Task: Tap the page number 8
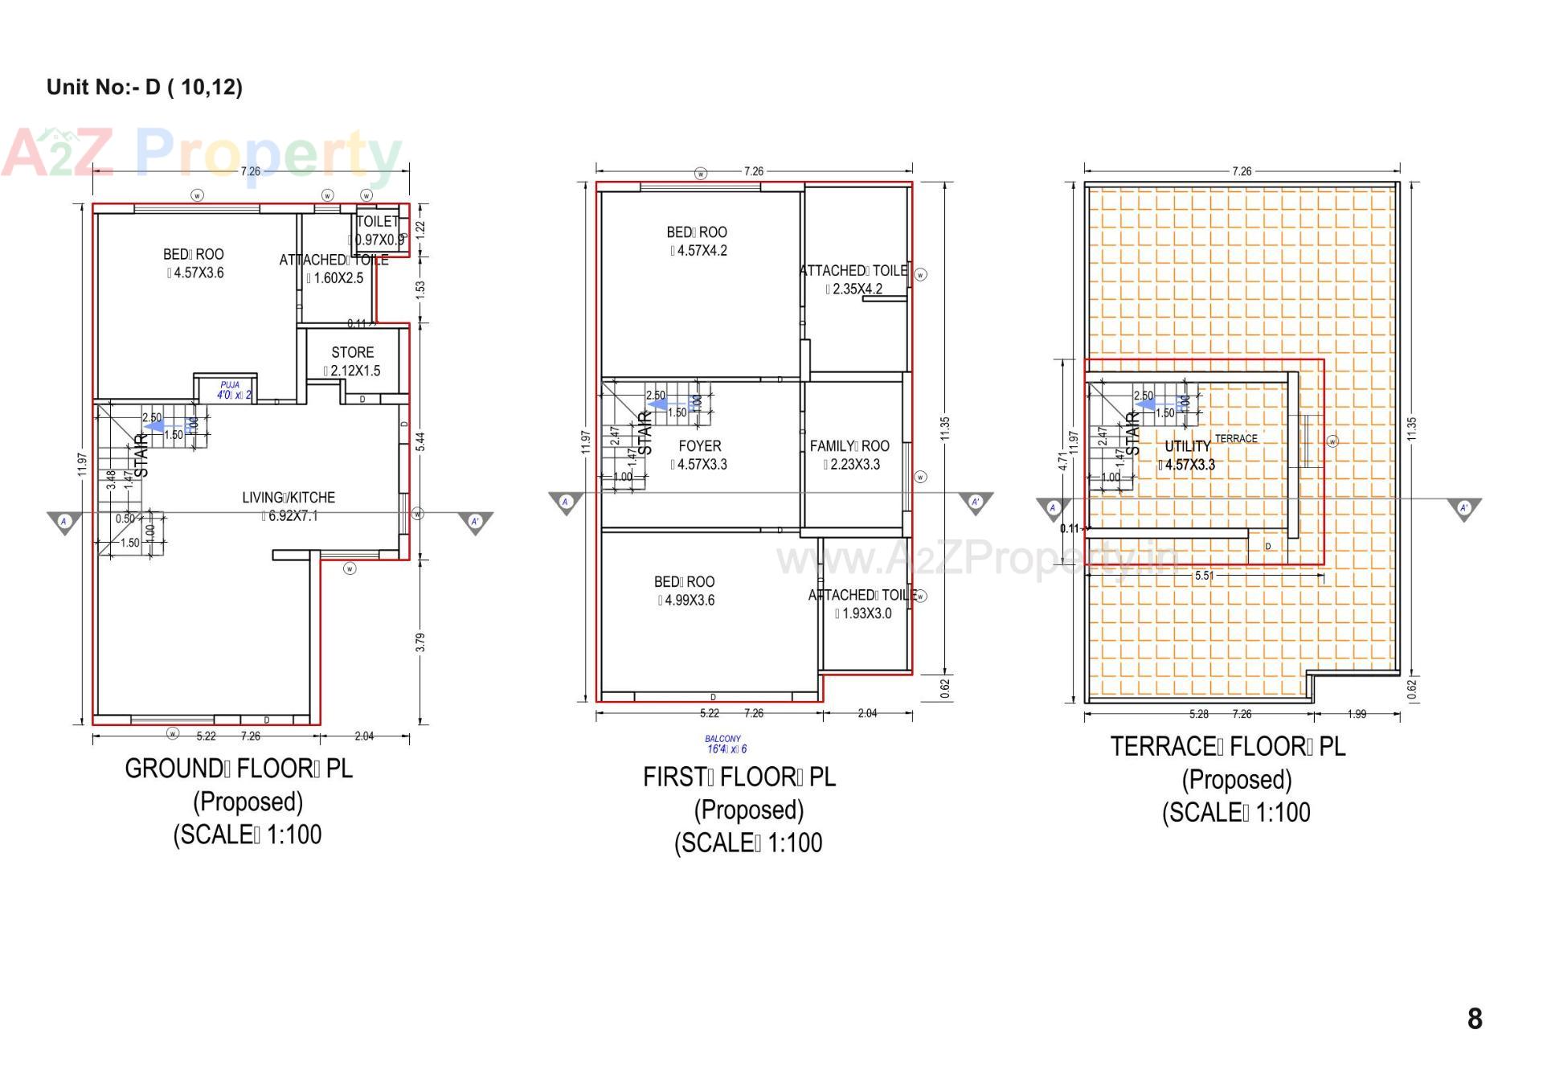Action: click(x=1474, y=1019)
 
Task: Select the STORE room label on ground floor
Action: click(x=352, y=352)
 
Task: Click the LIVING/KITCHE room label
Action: click(x=288, y=498)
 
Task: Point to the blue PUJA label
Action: click(x=230, y=386)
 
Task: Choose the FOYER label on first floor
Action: click(x=699, y=445)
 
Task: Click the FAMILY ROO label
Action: click(x=849, y=445)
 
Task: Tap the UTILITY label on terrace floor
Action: click(x=1187, y=446)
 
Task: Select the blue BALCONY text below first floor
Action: click(x=722, y=739)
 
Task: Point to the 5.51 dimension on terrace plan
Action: click(x=1203, y=576)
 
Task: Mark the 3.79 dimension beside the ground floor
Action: click(x=420, y=642)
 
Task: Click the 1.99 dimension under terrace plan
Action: click(x=1357, y=714)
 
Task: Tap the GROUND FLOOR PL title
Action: click(x=239, y=769)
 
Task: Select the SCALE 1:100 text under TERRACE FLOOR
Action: click(x=1236, y=812)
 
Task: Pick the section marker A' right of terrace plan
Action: click(x=1463, y=507)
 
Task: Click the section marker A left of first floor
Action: click(x=565, y=502)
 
